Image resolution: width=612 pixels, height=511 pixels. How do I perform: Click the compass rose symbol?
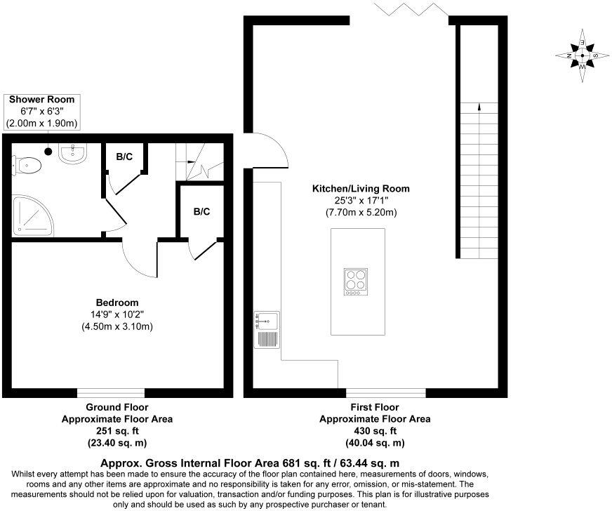click(582, 55)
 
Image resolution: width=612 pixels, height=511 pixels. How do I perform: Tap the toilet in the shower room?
click(28, 165)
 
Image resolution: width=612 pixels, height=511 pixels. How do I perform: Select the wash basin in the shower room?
click(72, 153)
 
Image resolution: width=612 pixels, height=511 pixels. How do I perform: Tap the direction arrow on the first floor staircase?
click(479, 107)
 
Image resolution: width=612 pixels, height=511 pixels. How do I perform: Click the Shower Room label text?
click(41, 100)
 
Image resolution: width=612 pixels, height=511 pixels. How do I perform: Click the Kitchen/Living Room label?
click(361, 189)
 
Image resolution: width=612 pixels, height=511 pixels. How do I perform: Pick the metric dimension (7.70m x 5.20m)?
click(361, 212)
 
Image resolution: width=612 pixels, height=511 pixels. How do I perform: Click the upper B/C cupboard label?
click(124, 157)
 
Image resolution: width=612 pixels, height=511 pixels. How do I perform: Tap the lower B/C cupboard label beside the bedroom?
click(201, 211)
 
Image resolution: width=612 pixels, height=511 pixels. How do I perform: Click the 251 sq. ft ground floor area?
click(117, 431)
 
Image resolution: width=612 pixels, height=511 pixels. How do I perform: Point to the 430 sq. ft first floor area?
click(375, 431)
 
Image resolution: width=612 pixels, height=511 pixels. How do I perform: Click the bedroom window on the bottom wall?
click(111, 392)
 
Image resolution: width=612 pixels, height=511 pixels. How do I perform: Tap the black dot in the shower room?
click(48, 150)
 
